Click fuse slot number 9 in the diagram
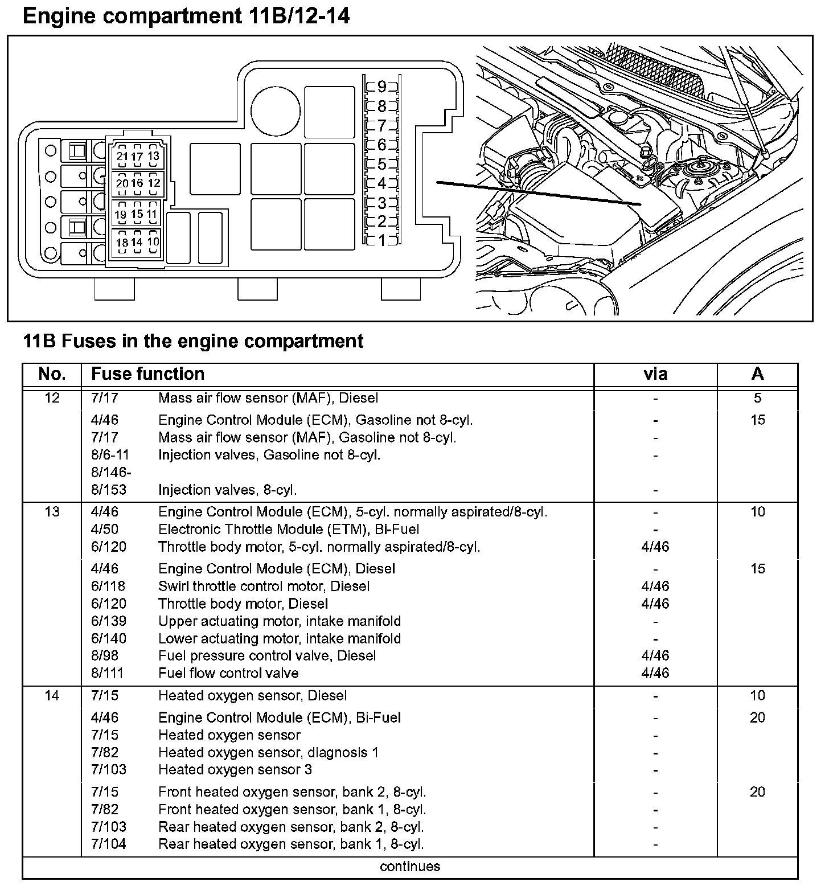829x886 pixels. pyautogui.click(x=381, y=87)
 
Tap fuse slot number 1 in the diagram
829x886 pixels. pyautogui.click(x=381, y=241)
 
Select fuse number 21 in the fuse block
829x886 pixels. pyautogui.click(x=122, y=157)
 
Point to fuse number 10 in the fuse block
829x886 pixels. pyautogui.click(x=153, y=241)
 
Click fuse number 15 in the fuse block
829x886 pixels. pyautogui.click(x=137, y=215)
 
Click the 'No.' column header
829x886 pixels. pyautogui.click(x=52, y=374)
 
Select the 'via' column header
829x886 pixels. pyautogui.click(x=655, y=374)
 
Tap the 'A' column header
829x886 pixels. pyautogui.click(x=757, y=374)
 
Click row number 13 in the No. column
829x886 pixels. pyautogui.click(x=52, y=512)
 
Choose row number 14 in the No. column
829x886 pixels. pyautogui.click(x=52, y=696)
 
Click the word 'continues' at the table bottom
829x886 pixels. pyautogui.click(x=410, y=867)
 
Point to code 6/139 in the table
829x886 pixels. pyautogui.click(x=109, y=621)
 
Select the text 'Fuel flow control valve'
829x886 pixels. pyautogui.click(x=228, y=674)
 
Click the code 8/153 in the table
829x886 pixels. pyautogui.click(x=109, y=490)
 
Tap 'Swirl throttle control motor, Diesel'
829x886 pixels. pyautogui.click(x=264, y=586)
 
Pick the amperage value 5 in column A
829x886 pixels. pyautogui.click(x=757, y=398)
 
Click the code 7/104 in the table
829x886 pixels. pyautogui.click(x=109, y=844)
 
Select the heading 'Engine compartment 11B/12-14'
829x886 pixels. pyautogui.click(x=186, y=17)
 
